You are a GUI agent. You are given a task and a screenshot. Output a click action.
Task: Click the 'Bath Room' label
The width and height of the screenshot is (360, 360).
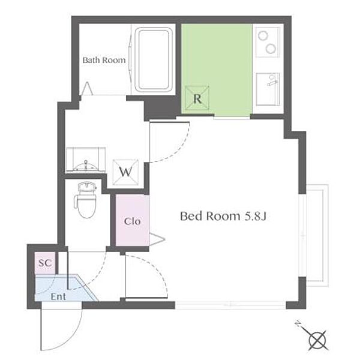tap(104, 60)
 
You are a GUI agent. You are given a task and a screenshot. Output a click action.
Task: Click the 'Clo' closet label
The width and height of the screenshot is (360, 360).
tap(132, 221)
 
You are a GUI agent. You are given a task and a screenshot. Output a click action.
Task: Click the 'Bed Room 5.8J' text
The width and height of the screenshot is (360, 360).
tap(223, 216)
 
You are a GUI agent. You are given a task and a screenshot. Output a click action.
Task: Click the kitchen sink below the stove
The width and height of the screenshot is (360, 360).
tap(268, 88)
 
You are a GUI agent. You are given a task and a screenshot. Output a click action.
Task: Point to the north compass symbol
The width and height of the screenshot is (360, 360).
tap(316, 340)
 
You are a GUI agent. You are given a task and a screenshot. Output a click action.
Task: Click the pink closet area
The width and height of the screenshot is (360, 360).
tap(132, 234)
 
